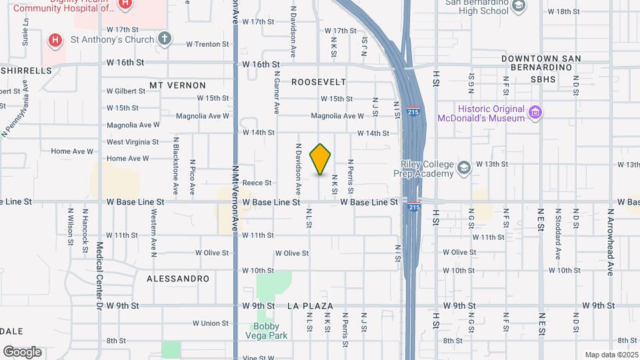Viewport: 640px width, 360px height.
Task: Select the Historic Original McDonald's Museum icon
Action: click(535, 113)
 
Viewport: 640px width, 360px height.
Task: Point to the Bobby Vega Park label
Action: click(270, 331)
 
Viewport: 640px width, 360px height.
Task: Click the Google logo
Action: click(22, 352)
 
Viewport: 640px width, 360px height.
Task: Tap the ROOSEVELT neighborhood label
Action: click(319, 82)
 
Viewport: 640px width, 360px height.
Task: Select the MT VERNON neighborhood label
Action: click(177, 85)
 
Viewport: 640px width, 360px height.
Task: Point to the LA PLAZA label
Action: click(310, 306)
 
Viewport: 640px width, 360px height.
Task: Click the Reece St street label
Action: click(257, 183)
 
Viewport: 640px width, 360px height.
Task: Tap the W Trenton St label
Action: click(207, 44)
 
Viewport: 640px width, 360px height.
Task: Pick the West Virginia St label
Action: click(133, 142)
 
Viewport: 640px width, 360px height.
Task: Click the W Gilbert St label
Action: click(125, 91)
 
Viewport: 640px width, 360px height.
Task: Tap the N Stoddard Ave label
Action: click(558, 235)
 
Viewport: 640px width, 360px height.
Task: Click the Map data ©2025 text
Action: click(611, 355)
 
